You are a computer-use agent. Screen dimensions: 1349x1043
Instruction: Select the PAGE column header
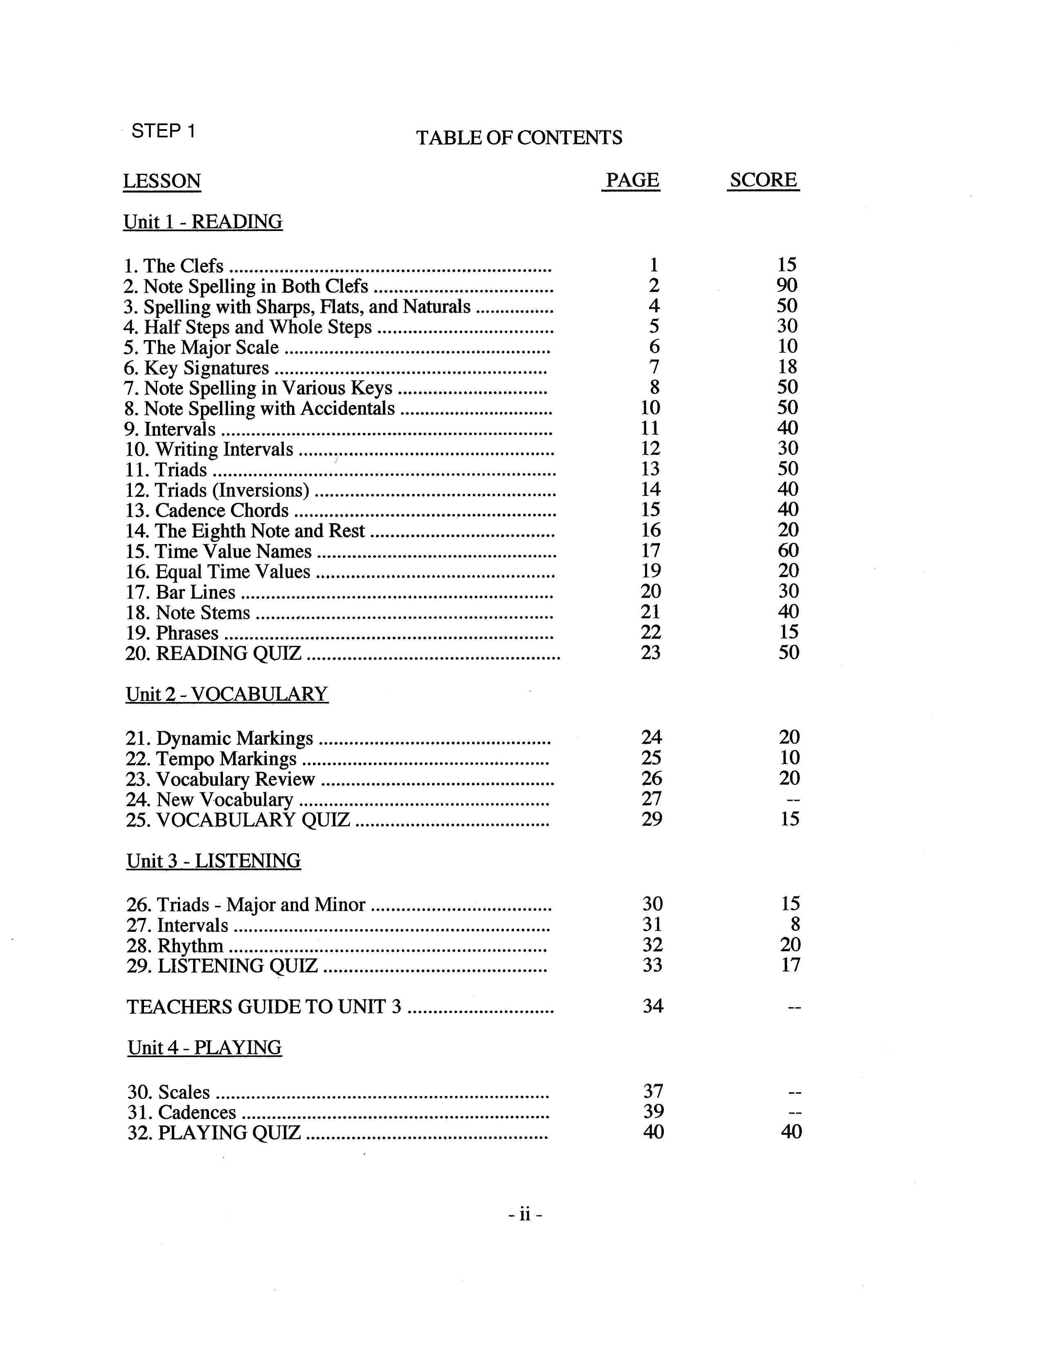(x=632, y=180)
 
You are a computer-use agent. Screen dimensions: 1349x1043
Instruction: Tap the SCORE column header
(x=763, y=180)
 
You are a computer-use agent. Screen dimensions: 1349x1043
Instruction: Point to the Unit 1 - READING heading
(x=202, y=222)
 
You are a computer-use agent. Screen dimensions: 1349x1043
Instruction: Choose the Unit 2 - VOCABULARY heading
(x=227, y=694)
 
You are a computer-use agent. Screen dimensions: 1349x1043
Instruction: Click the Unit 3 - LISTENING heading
(x=214, y=861)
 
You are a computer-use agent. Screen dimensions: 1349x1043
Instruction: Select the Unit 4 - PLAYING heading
(x=205, y=1048)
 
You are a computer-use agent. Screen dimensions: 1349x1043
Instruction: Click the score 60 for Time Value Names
(x=788, y=550)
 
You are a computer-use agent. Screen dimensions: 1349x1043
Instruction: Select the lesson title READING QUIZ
(x=229, y=653)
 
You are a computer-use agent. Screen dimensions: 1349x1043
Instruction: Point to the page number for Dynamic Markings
(x=651, y=737)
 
